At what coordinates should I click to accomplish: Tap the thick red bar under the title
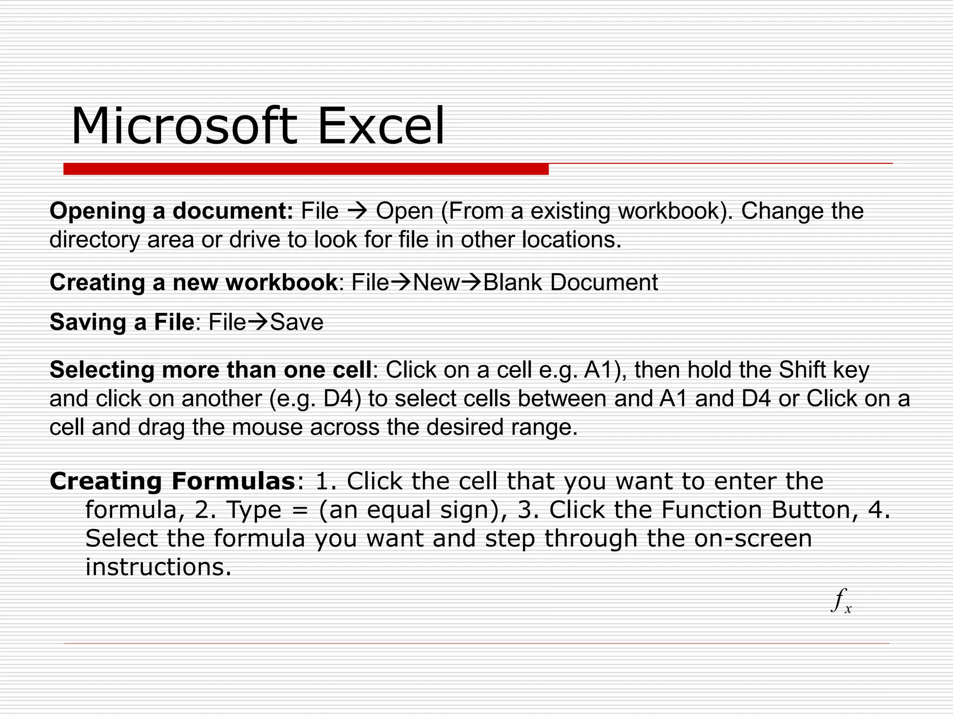(x=306, y=169)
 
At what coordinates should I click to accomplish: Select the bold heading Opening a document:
(x=171, y=211)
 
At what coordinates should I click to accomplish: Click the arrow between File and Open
(x=357, y=211)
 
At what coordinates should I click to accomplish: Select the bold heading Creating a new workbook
(x=193, y=282)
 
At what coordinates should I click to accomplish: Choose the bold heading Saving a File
(x=121, y=322)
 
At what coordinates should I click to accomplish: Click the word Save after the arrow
(x=297, y=322)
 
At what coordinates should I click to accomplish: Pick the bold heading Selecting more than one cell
(x=210, y=370)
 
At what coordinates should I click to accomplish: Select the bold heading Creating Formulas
(x=172, y=481)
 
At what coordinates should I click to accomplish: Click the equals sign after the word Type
(x=301, y=510)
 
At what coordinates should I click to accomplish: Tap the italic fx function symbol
(x=840, y=601)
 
